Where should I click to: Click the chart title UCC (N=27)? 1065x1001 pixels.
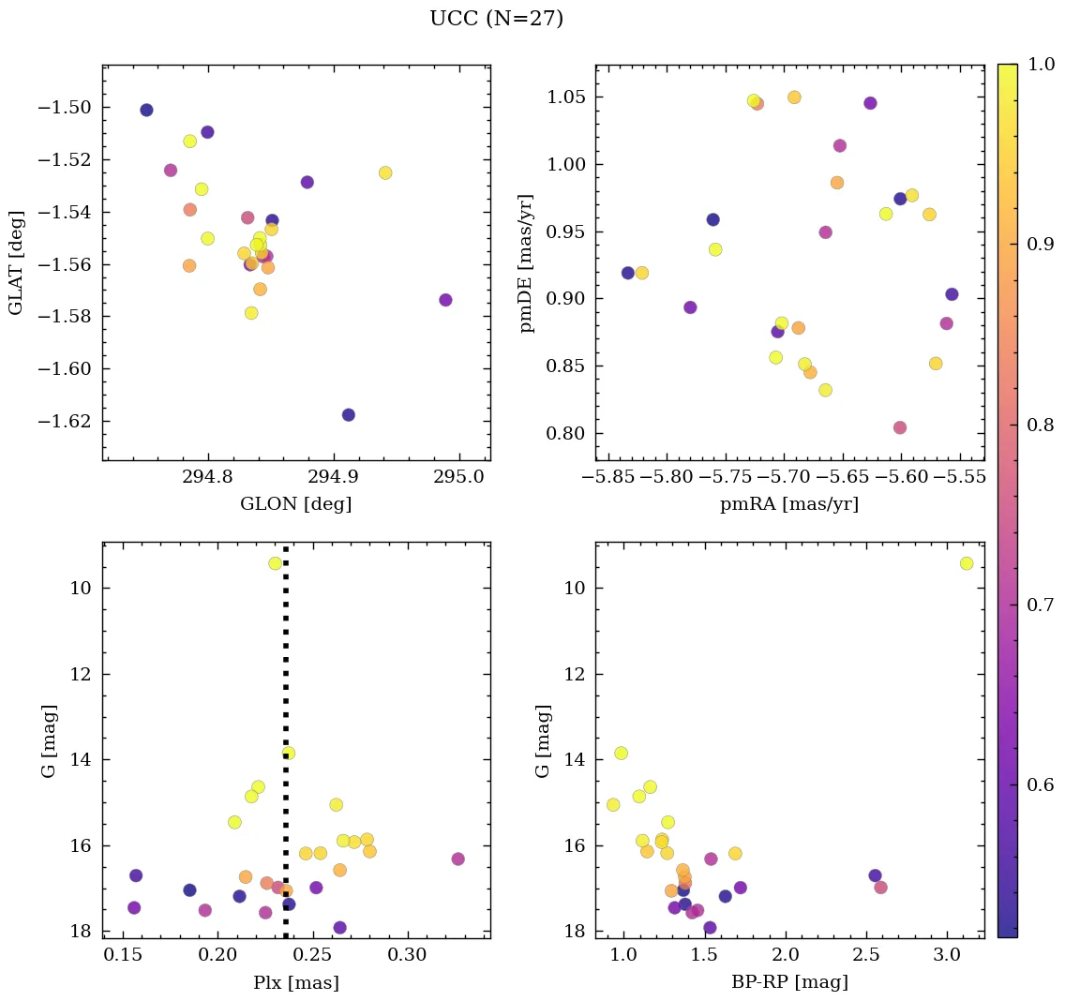496,19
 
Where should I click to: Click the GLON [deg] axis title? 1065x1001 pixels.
295,504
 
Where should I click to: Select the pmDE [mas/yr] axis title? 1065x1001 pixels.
527,263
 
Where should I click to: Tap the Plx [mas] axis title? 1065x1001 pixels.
295,983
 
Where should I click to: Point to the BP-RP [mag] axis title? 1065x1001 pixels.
789,982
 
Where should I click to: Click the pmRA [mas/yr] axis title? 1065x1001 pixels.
789,504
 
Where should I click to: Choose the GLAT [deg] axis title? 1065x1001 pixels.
16,262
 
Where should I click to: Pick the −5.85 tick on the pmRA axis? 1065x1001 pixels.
609,477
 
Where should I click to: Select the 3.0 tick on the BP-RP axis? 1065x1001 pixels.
948,956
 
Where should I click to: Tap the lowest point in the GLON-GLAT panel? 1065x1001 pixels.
349,415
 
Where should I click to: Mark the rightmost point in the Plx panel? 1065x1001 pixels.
457,859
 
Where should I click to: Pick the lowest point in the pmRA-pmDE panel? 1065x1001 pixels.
900,427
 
